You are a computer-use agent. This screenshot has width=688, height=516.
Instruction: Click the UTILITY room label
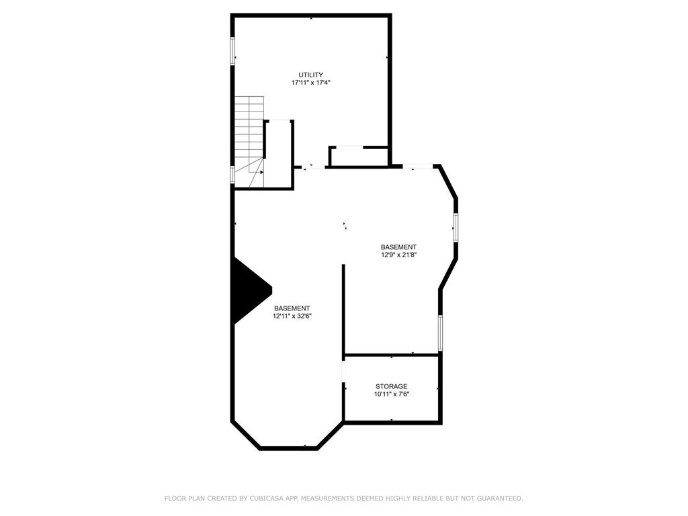(x=311, y=75)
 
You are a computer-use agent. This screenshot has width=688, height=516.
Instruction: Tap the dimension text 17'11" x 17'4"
(x=311, y=83)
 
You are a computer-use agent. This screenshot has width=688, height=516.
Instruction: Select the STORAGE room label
(x=391, y=386)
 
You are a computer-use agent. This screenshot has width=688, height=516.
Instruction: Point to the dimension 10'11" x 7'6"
(x=392, y=394)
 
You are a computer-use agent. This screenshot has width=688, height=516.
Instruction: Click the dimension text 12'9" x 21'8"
(x=398, y=255)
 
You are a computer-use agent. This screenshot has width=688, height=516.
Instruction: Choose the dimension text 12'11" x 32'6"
(x=292, y=316)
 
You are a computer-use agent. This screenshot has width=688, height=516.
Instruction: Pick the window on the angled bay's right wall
(x=456, y=228)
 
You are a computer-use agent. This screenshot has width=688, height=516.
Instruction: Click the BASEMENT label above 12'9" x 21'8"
(x=398, y=247)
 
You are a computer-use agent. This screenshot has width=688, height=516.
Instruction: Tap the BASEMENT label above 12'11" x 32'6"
(x=292, y=308)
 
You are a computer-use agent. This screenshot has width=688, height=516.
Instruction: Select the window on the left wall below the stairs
(x=233, y=175)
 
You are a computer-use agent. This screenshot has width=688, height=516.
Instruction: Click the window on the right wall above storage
(x=440, y=333)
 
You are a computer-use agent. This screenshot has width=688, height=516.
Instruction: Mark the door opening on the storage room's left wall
(x=343, y=371)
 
